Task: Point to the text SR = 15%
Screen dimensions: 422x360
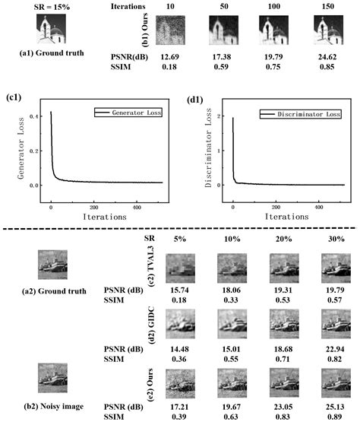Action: coord(47,7)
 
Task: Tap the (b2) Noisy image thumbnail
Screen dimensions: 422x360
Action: coord(52,377)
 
